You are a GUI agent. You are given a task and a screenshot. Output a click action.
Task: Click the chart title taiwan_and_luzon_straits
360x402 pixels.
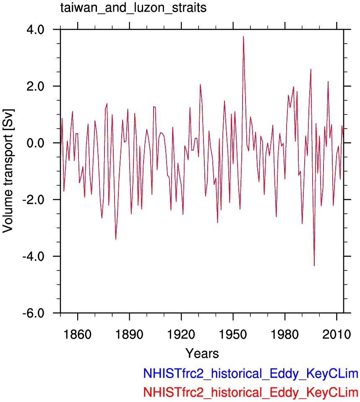[133, 8]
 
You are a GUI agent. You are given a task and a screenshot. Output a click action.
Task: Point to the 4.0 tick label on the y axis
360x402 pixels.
[35, 30]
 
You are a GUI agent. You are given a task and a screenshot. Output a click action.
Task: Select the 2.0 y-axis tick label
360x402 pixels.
[35, 87]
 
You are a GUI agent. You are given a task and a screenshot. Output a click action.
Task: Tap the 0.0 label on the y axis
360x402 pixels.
[35, 143]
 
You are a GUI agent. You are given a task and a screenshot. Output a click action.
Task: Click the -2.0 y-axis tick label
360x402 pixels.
[33, 200]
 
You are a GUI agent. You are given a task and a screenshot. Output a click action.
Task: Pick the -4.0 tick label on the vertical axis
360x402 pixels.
[33, 256]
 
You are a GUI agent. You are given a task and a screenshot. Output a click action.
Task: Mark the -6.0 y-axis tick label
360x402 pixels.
[33, 313]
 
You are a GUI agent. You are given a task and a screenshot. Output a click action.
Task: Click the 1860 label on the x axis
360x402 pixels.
[77, 334]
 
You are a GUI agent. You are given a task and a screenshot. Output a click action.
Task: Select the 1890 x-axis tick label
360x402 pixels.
[129, 334]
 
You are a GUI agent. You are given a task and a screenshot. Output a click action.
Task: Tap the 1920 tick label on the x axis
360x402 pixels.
[181, 334]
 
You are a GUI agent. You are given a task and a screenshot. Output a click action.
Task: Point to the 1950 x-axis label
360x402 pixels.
[233, 334]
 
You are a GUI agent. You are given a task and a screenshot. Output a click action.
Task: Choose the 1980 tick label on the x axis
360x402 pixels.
[285, 334]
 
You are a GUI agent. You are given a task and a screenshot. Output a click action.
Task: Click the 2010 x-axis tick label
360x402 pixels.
[337, 334]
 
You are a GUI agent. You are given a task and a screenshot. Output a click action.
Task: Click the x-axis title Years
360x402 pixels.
[202, 353]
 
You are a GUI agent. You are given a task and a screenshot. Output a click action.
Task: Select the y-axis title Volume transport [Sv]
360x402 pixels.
[8, 171]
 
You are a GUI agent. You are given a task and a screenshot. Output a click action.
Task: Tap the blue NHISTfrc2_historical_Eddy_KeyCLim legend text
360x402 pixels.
[250, 374]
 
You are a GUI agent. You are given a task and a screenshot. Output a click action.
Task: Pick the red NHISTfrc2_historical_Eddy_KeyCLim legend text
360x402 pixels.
[250, 392]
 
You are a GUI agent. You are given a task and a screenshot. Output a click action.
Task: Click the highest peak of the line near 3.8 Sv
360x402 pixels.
[243, 37]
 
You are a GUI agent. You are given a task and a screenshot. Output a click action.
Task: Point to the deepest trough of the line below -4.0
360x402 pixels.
[314, 266]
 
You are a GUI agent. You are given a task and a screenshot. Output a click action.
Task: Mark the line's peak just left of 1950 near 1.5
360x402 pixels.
[224, 101]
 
